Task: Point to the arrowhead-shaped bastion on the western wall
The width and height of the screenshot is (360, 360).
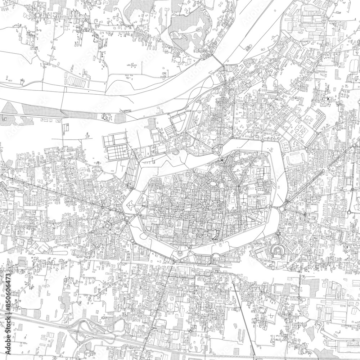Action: [129, 206]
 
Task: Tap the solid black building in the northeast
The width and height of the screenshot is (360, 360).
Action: [328, 99]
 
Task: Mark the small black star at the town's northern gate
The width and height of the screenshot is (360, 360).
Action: [222, 160]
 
